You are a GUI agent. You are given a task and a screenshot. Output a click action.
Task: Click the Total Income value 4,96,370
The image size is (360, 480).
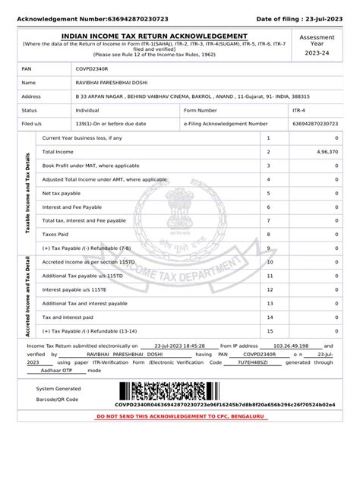(x=324, y=152)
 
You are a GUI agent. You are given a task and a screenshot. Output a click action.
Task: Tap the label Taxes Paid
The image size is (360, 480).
(x=55, y=234)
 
